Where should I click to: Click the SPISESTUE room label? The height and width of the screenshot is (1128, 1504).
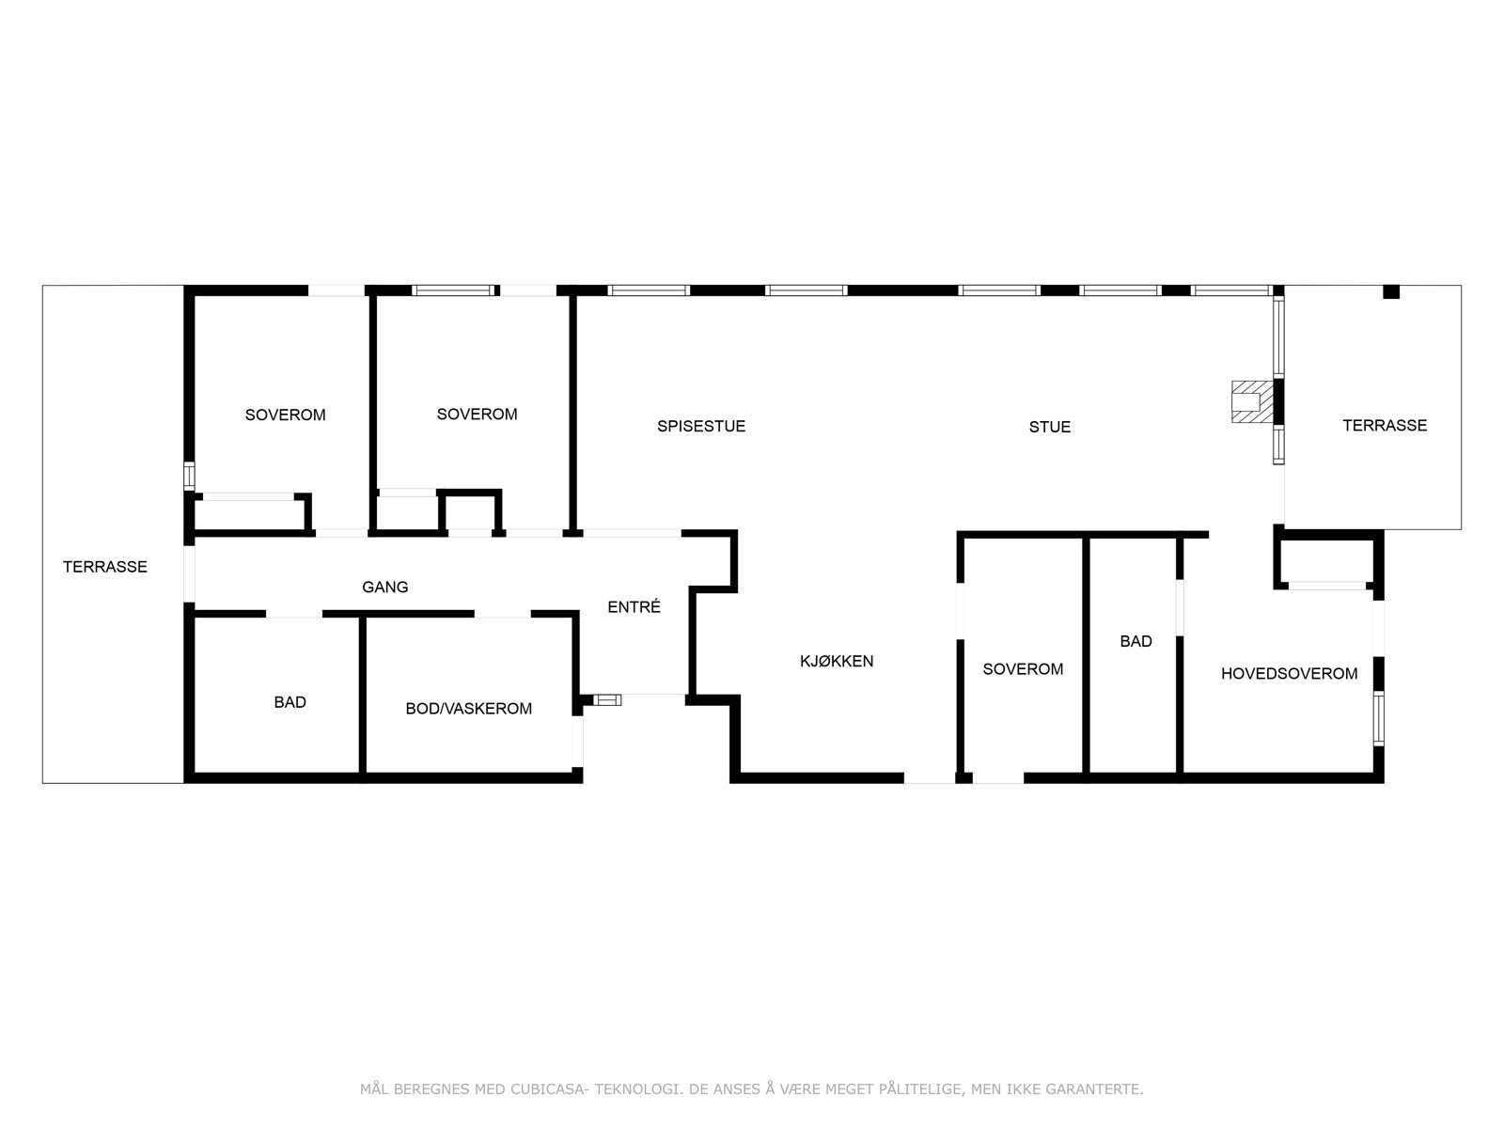(x=701, y=426)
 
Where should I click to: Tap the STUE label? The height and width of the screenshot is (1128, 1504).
(x=1049, y=427)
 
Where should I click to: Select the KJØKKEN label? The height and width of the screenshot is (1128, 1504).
(x=837, y=661)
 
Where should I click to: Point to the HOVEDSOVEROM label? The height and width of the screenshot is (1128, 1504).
(x=1289, y=673)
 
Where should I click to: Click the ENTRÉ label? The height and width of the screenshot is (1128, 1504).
(x=634, y=607)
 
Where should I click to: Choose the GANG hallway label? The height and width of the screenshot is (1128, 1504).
(x=385, y=587)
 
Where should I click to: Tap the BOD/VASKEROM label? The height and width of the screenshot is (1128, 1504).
(x=468, y=709)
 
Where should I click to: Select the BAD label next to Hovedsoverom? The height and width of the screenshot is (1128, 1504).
(x=1136, y=641)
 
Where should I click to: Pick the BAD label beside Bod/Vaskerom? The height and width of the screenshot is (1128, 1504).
(x=290, y=702)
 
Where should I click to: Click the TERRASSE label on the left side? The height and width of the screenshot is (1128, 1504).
(x=104, y=567)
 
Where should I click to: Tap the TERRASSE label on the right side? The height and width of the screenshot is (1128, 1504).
(x=1384, y=425)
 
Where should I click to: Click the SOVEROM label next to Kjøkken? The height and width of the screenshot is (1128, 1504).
(x=1023, y=669)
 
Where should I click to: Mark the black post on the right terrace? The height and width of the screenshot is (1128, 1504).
(x=1390, y=291)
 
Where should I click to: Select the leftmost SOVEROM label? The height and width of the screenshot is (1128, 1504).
(x=285, y=415)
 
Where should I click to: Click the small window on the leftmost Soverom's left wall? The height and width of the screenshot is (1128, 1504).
(x=189, y=476)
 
